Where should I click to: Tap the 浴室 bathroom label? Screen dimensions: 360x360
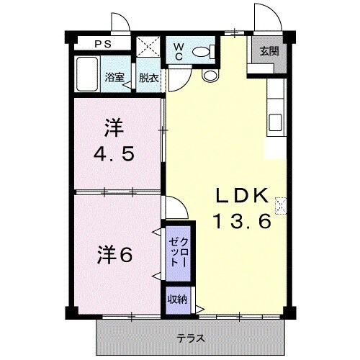113,77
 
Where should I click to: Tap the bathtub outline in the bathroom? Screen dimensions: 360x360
87,75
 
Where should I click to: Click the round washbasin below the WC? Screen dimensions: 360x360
210,74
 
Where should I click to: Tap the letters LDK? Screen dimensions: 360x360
240,196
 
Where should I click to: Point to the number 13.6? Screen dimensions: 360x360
240,222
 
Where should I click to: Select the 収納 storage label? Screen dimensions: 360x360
177,299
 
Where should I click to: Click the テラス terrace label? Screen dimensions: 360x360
191,338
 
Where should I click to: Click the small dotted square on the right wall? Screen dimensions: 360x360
281,204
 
